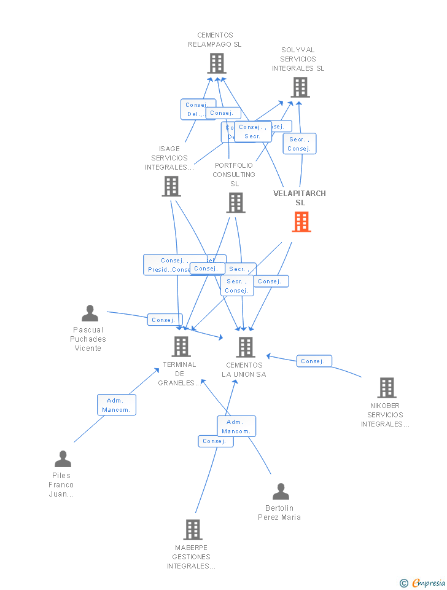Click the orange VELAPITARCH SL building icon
tap(301, 222)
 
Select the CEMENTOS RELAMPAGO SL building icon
tap(217, 63)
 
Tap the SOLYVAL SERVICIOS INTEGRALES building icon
tap(300, 87)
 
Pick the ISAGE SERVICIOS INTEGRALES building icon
tap(171, 186)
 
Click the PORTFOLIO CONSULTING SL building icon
tap(236, 203)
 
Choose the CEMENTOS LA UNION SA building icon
tap(246, 347)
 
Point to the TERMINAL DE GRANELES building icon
tap(181, 347)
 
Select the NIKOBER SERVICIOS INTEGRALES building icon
tap(386, 388)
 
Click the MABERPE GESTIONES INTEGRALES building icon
tap(193, 530)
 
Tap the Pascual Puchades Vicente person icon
tap(90, 313)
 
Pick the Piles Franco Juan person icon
tap(63, 459)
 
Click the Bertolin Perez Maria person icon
tap(281, 492)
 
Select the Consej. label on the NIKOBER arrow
tap(314, 361)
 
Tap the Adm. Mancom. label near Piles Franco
tap(117, 405)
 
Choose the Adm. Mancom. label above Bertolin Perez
tap(236, 426)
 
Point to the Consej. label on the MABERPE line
tap(216, 441)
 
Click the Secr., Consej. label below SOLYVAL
tap(300, 144)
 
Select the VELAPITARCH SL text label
tap(300, 198)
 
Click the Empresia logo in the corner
tap(424, 583)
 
